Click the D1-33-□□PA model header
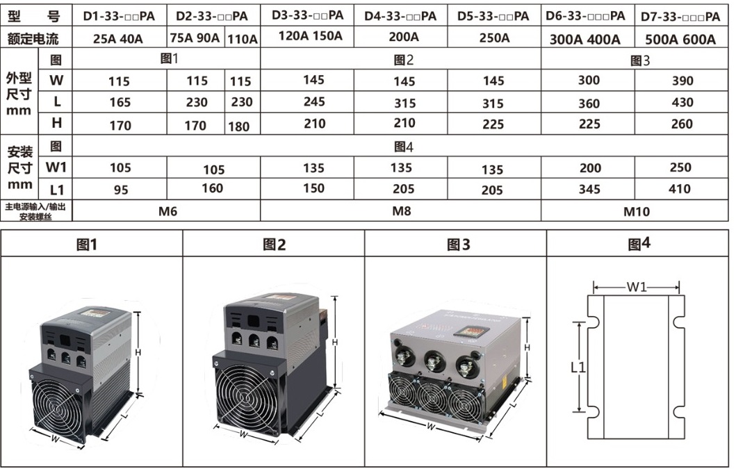[119, 16]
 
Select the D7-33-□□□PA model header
[680, 17]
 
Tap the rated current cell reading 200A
[404, 37]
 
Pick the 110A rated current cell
[242, 39]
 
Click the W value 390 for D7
[682, 81]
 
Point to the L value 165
[120, 102]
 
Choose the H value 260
[682, 124]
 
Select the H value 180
[239, 126]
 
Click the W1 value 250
[680, 167]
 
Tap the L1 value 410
[679, 189]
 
